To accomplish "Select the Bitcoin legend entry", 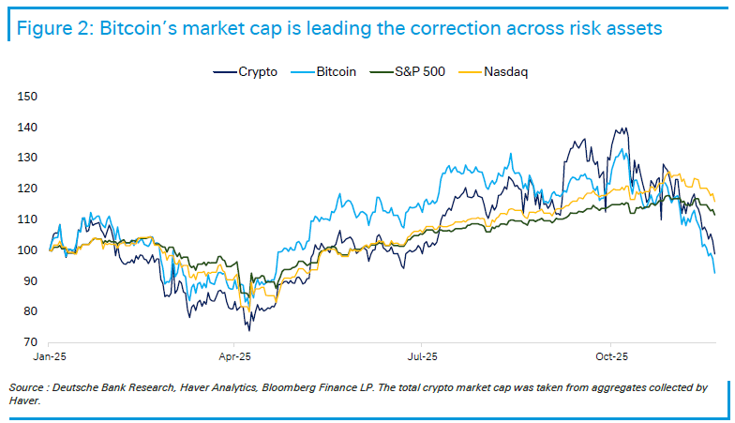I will (x=334, y=71).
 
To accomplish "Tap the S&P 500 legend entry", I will (x=416, y=71).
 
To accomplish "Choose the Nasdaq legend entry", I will (x=505, y=71).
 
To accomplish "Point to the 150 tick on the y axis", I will (x=26, y=96).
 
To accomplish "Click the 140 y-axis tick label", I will (x=26, y=127).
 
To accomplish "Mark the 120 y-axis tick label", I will (x=26, y=189).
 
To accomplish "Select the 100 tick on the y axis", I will (x=26, y=250).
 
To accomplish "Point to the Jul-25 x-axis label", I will (x=422, y=357).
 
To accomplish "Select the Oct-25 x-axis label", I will (x=610, y=357).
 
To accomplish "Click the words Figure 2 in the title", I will (x=48, y=28).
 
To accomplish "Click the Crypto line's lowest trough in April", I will (x=248, y=330).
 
